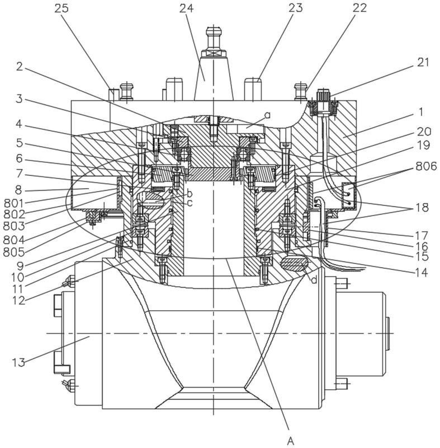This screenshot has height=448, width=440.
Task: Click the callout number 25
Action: (61, 8)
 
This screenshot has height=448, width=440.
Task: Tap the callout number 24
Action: (187, 8)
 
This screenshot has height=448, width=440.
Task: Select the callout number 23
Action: (296, 8)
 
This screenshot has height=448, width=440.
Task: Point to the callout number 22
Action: (359, 8)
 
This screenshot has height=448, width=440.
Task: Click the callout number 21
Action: (423, 62)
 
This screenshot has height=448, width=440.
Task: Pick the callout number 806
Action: (426, 166)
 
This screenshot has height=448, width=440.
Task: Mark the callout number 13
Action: (18, 362)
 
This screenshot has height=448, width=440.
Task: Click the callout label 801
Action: (13, 203)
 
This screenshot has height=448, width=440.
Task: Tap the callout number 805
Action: (13, 252)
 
